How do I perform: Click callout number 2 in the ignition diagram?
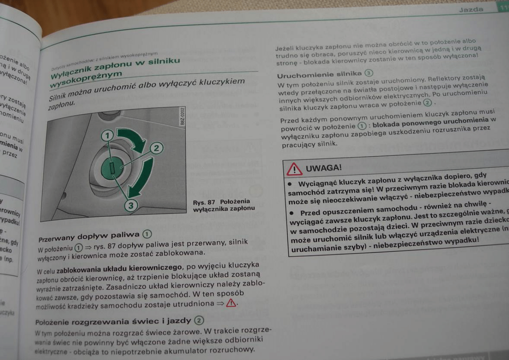tap(156, 148)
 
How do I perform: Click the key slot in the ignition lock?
tap(112, 168)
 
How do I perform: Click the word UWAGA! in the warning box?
tap(323, 168)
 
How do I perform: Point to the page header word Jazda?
tap(471, 9)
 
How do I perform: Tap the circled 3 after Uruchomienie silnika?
tap(368, 73)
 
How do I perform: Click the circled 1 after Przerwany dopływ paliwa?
tap(147, 234)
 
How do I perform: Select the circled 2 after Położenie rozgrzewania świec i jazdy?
tap(199, 320)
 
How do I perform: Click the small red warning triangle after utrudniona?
tap(231, 304)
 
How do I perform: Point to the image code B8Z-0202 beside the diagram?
tap(183, 117)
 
